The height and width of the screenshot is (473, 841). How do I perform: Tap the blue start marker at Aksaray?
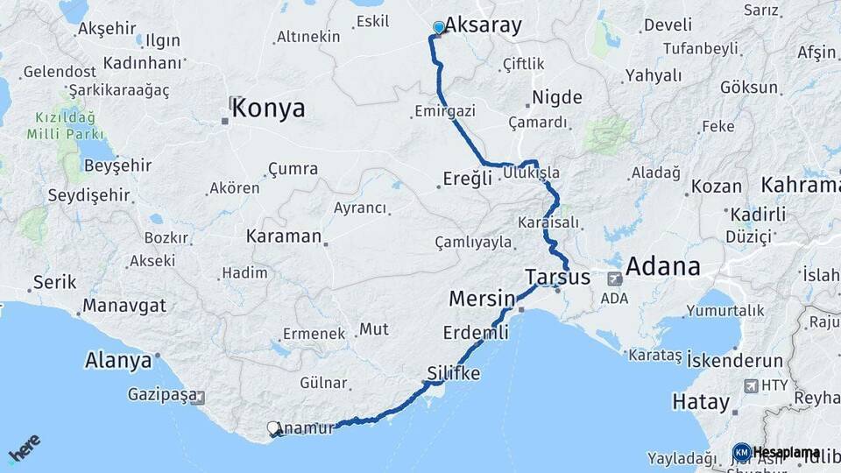click(x=439, y=27)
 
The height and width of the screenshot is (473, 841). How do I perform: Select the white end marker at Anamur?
click(x=273, y=429)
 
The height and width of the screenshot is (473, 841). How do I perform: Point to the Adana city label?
click(x=662, y=266)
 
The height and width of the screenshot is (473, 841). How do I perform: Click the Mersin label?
click(x=481, y=299)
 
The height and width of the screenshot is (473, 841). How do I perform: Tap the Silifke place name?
click(x=454, y=373)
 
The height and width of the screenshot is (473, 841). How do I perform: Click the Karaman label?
click(x=284, y=236)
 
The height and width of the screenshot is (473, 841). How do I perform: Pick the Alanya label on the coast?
click(x=118, y=360)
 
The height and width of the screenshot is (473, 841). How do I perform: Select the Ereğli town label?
click(x=469, y=179)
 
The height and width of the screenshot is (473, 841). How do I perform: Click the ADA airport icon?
click(x=614, y=279)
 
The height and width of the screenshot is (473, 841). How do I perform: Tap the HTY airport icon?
click(x=751, y=385)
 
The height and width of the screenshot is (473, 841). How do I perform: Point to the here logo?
click(x=25, y=448)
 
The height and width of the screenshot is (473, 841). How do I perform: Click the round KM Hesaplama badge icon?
click(x=741, y=453)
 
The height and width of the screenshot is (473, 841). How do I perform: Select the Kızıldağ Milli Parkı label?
click(x=66, y=125)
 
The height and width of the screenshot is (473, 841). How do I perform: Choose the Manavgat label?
click(x=124, y=307)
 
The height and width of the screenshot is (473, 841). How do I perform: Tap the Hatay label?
click(x=701, y=402)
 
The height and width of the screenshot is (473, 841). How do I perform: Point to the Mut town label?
click(x=374, y=329)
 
